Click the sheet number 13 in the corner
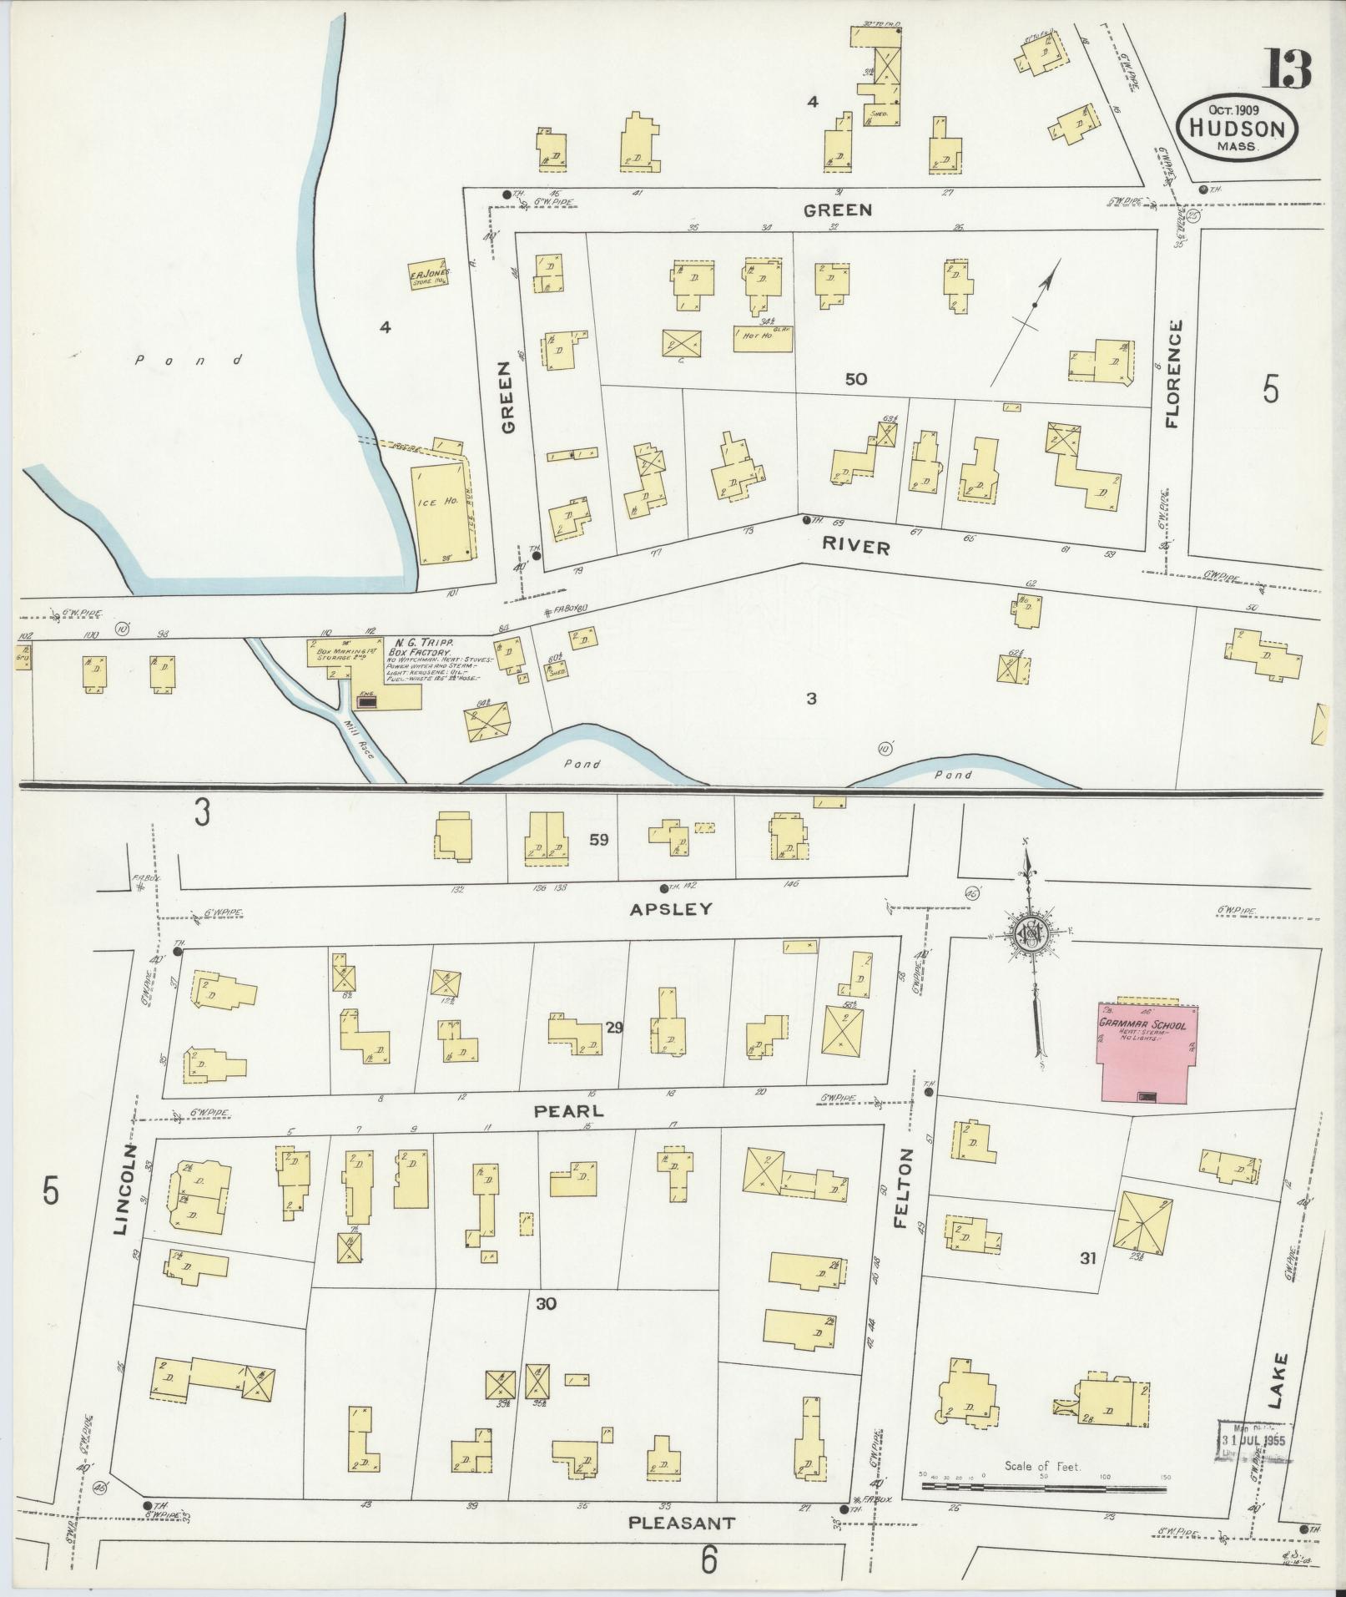point(1288,69)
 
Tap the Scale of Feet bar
point(1043,1488)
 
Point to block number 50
point(855,379)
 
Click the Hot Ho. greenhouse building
point(762,337)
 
